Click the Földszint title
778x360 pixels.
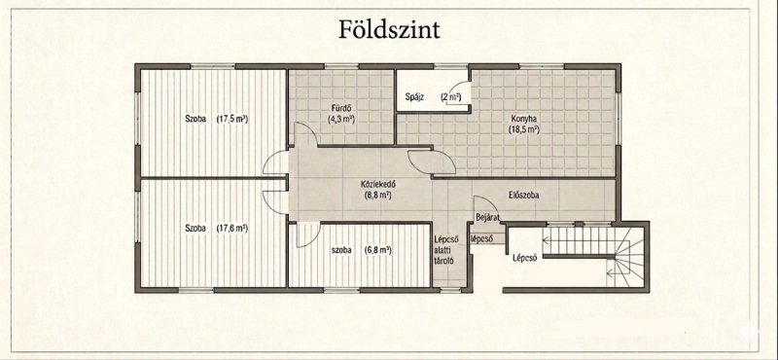tap(390, 30)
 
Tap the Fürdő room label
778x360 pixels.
tap(341, 108)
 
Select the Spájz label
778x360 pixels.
tap(414, 97)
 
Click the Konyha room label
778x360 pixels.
tap(523, 119)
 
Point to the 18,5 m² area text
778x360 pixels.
tap(523, 130)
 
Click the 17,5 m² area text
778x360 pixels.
tap(232, 119)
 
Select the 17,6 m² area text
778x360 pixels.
tap(232, 229)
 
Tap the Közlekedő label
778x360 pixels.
tap(378, 185)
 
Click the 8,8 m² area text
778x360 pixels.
tap(378, 196)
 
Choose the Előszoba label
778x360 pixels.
tap(524, 196)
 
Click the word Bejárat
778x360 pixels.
tap(488, 217)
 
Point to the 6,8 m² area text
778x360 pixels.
tap(377, 250)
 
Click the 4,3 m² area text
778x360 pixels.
tap(341, 119)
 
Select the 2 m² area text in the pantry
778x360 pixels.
tap(451, 97)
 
